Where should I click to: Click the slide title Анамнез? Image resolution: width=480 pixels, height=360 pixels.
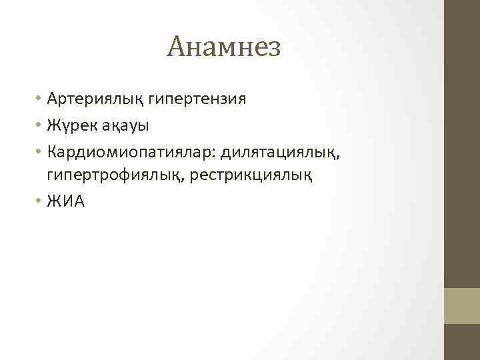(x=225, y=47)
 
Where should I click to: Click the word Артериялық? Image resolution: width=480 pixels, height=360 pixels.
(x=90, y=100)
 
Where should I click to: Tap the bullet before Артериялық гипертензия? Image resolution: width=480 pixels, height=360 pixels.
(x=40, y=100)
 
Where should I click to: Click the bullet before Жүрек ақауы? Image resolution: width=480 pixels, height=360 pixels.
(x=40, y=125)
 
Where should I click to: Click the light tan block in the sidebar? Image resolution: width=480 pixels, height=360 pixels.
(x=462, y=305)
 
